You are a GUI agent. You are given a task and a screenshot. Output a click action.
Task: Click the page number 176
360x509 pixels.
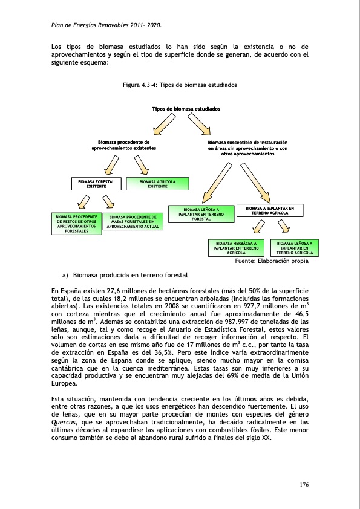click(x=304, y=484)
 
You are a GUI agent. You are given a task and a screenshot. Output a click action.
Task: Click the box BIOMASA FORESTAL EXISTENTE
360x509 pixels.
click(x=96, y=184)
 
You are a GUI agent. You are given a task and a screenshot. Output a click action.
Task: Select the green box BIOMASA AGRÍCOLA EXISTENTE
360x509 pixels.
click(x=158, y=184)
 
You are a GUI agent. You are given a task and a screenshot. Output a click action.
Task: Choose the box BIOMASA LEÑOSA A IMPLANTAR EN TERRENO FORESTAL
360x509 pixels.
click(x=201, y=213)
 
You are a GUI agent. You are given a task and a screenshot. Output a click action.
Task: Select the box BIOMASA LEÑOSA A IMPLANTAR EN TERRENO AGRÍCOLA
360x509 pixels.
click(x=293, y=248)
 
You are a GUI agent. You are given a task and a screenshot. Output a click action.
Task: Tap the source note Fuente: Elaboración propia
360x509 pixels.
click(x=271, y=261)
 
